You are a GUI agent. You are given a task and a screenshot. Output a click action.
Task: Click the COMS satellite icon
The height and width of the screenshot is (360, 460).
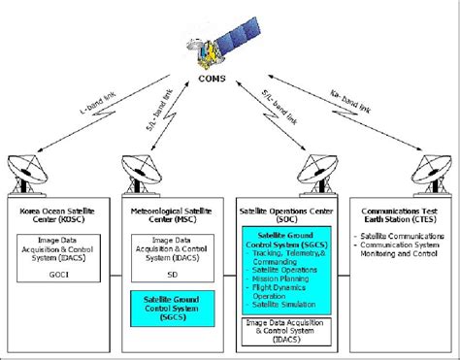pos(230,38)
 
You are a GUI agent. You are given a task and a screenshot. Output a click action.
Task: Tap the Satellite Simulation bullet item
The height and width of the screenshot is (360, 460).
pos(282,304)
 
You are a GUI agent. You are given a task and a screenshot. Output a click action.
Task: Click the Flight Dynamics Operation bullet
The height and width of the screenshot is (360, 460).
pos(280,289)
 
